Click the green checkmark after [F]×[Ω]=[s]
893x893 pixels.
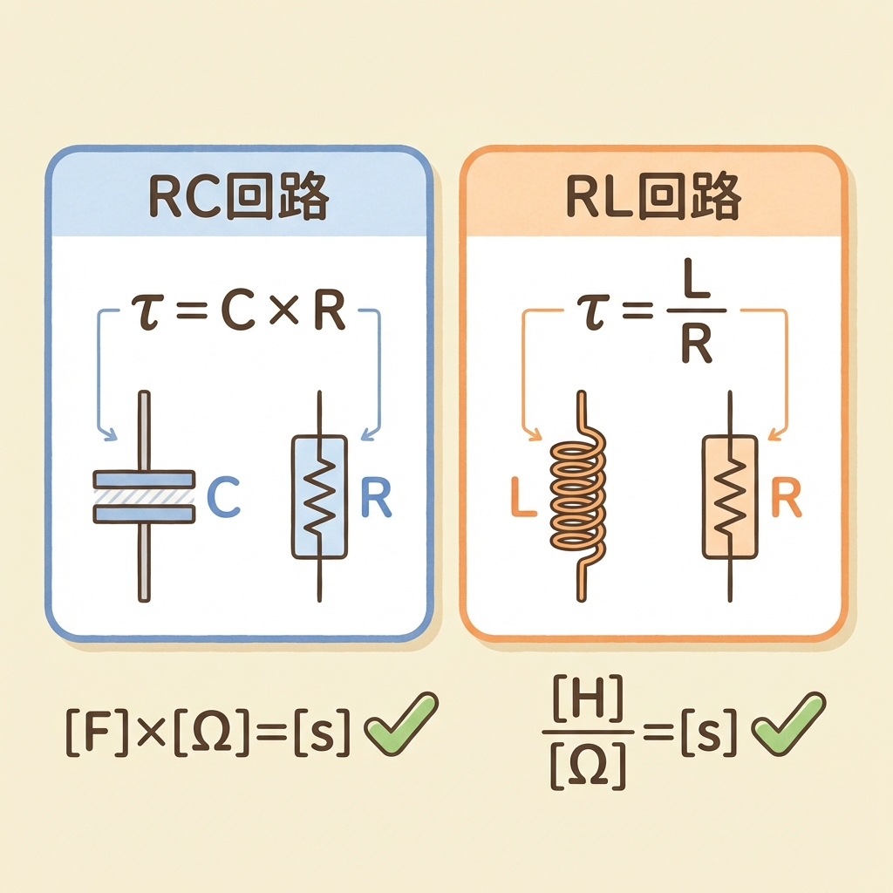pos(400,723)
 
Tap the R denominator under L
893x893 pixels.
pos(695,346)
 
